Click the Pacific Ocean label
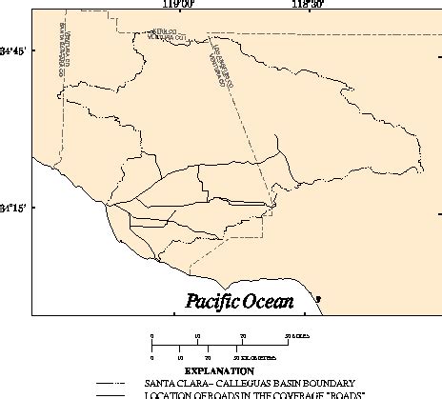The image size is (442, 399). [240, 302]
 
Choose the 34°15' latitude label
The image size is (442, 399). [12, 208]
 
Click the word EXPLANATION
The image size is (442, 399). [219, 369]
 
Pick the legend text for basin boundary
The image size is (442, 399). [250, 382]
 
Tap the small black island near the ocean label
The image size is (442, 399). [318, 300]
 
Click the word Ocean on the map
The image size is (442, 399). [266, 302]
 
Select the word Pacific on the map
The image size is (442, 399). [211, 302]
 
